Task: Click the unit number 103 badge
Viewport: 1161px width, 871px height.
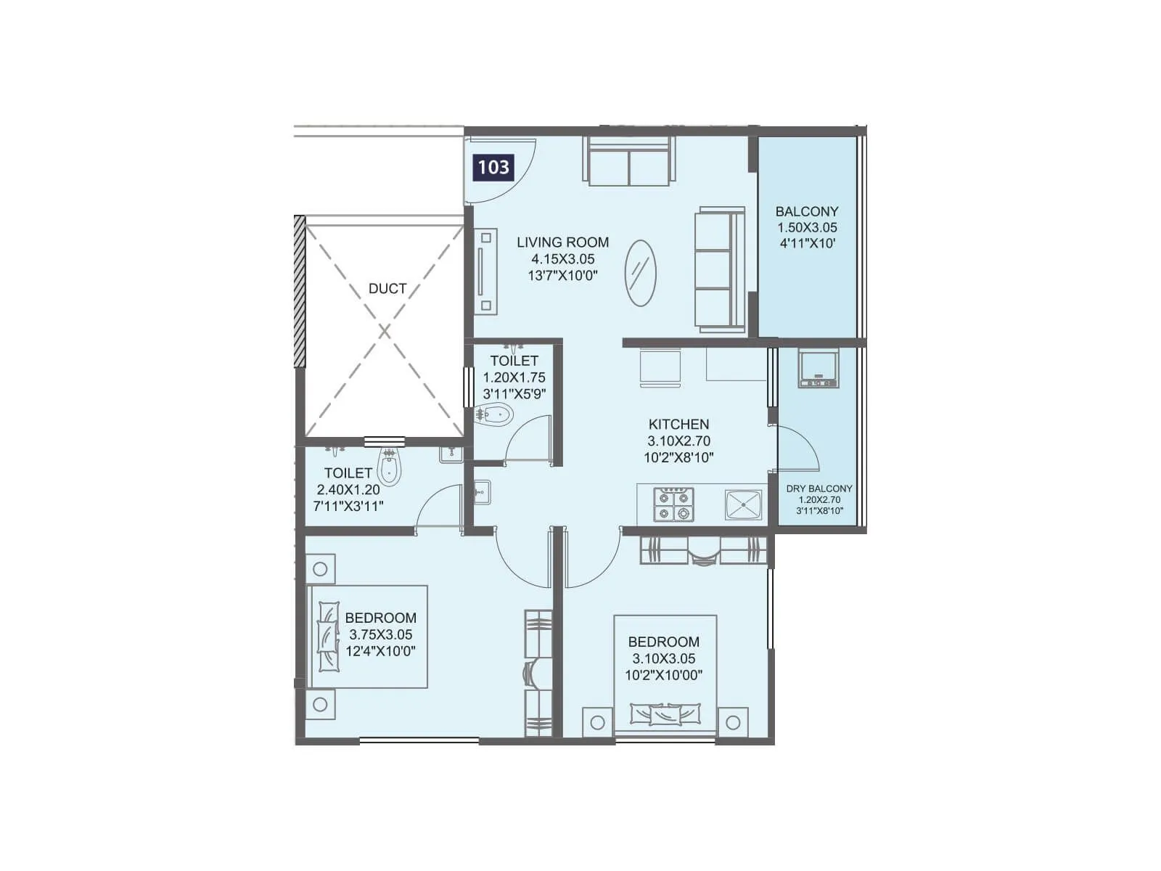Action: (x=493, y=168)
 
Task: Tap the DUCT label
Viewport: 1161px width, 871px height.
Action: (x=387, y=288)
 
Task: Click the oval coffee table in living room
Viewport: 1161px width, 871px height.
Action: (x=640, y=273)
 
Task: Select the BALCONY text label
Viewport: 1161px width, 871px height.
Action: (x=806, y=211)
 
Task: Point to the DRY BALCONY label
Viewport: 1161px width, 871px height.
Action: (x=819, y=488)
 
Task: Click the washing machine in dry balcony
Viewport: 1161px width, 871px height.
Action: (x=819, y=368)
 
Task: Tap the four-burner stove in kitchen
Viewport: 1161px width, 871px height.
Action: (x=673, y=504)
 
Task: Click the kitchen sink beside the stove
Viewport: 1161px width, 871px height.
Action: (x=743, y=504)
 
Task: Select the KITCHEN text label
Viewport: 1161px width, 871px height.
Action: (x=678, y=424)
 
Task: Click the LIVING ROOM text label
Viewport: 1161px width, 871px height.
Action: (x=562, y=242)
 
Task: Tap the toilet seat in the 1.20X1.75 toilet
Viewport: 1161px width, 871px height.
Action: (x=496, y=415)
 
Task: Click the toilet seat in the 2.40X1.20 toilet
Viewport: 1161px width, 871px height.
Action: (x=390, y=467)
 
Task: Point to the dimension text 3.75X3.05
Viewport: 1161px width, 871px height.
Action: (x=380, y=634)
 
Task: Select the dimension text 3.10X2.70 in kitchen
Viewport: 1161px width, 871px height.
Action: (x=678, y=441)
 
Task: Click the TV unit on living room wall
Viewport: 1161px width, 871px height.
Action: (x=485, y=271)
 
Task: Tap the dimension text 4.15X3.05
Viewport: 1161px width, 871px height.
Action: (x=562, y=259)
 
